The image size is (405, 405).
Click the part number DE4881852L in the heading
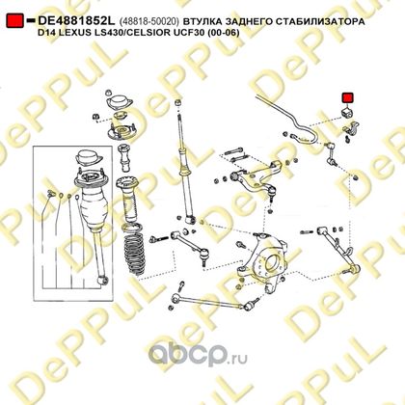76,21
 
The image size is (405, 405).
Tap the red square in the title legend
14,21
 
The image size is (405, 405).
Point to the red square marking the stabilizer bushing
347,98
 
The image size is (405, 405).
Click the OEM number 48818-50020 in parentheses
148,22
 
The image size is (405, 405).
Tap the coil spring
134,254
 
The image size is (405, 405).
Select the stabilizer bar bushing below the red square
346,114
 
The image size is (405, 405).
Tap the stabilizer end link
331,153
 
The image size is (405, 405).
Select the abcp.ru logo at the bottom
198,354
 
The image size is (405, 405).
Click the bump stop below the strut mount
124,158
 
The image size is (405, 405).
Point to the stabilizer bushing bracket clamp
351,130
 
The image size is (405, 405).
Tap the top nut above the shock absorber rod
177,103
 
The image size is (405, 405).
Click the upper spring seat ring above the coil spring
130,227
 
